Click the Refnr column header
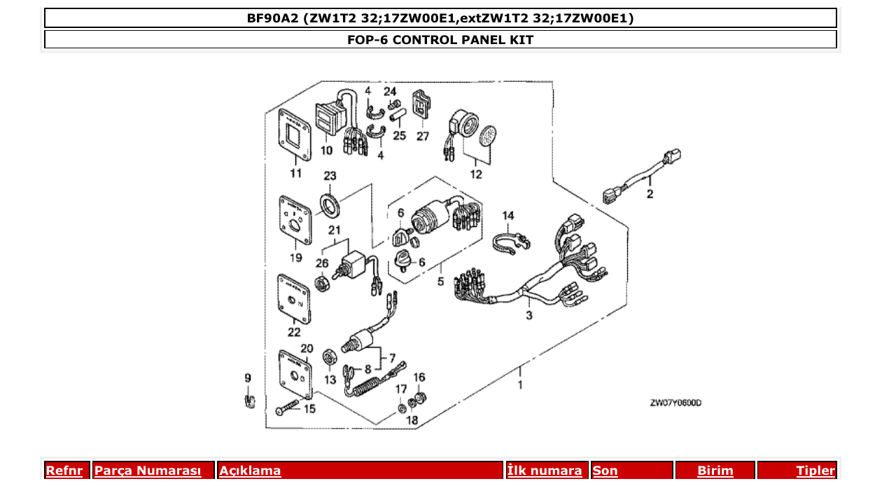click(64, 471)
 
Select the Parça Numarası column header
click(148, 471)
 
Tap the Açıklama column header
click(250, 471)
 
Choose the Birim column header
click(715, 471)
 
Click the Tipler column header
click(815, 471)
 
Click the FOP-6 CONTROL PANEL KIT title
click(440, 40)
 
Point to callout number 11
click(296, 173)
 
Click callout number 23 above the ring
click(330, 176)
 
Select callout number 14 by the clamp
click(507, 215)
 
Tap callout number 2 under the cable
click(650, 194)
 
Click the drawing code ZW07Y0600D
click(675, 403)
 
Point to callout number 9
click(247, 378)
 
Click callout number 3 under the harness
click(528, 316)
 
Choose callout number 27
click(423, 137)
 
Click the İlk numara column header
click(545, 471)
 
